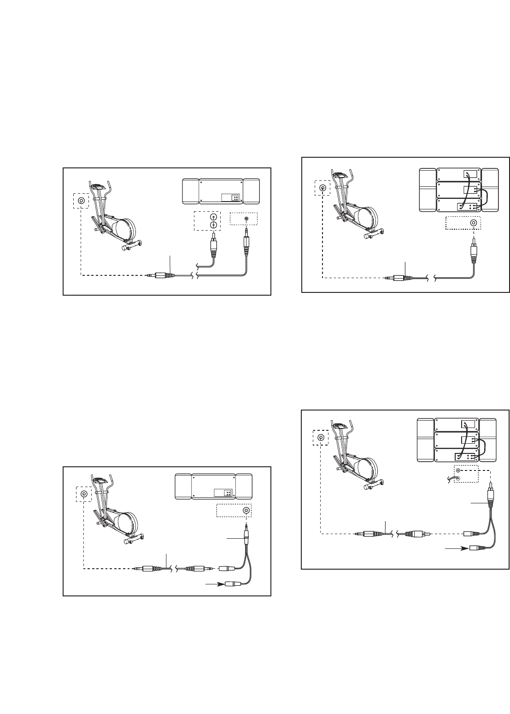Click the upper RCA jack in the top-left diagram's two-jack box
pos(213,217)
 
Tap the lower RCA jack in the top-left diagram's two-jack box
pos(213,225)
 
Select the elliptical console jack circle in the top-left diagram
pos(82,201)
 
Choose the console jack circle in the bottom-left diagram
pos(84,494)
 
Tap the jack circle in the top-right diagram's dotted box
pos(473,223)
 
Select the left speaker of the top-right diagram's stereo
pos(428,190)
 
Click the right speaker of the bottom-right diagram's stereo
pos(488,440)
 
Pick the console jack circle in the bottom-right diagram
pos(321,437)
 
